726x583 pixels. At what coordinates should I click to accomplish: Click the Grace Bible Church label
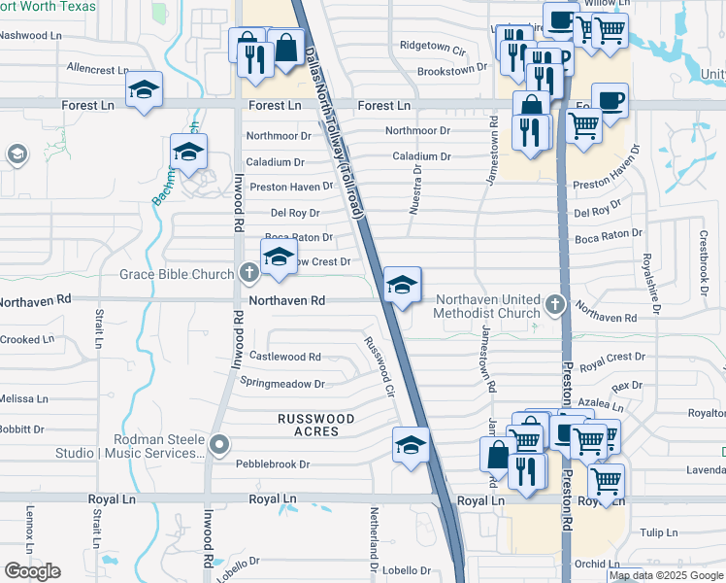pos(177,274)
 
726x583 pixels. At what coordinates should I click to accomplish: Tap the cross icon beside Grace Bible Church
pos(248,274)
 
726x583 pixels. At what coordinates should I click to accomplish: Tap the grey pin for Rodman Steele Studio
pos(219,446)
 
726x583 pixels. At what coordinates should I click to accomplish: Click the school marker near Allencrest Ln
pos(145,90)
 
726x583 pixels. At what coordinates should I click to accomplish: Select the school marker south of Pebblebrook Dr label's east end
pos(411,445)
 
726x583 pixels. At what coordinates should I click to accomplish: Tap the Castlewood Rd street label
pos(285,357)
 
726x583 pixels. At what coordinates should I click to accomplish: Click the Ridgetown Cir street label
pos(432,46)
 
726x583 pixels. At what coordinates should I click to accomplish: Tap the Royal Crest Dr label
pos(611,358)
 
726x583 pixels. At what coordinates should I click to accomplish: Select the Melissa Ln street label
pos(23,399)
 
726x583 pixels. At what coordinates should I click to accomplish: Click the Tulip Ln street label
pos(657,532)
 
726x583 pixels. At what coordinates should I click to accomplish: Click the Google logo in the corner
pos(32,571)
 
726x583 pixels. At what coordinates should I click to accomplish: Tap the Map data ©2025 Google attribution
pos(666,575)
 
